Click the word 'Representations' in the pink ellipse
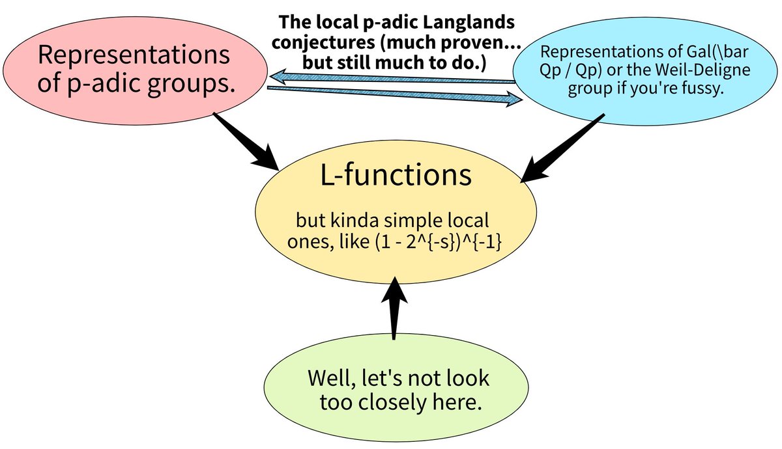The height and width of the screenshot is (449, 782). (x=134, y=55)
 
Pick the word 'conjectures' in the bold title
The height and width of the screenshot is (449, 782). (x=330, y=43)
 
